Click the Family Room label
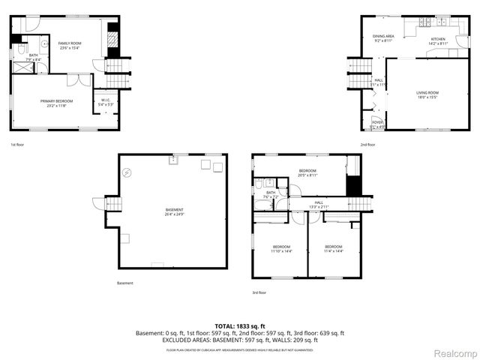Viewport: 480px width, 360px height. (70, 44)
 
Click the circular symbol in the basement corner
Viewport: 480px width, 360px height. (127, 173)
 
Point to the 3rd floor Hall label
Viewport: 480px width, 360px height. (319, 202)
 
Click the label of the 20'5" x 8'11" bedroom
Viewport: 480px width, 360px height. (308, 170)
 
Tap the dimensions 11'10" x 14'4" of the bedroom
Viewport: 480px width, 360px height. (282, 251)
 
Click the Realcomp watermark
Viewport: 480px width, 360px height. (455, 353)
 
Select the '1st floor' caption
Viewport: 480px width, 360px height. (18, 144)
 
